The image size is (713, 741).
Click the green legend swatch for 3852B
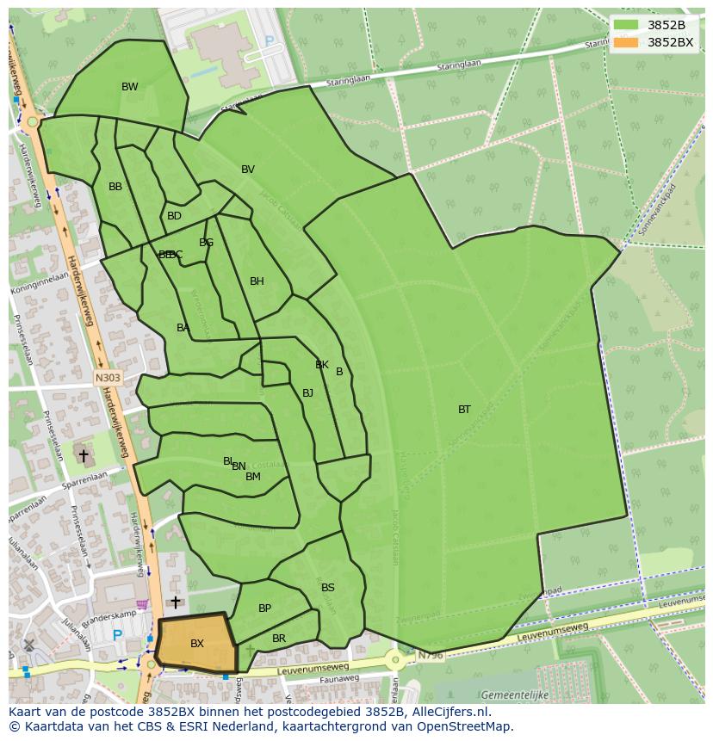625,25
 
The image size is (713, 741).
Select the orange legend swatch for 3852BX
625,42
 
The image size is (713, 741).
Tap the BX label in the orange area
197,644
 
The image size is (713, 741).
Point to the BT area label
464,410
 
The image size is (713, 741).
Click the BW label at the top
129,87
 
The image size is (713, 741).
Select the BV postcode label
248,170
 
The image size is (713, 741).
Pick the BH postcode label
257,281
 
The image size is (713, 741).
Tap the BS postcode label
328,588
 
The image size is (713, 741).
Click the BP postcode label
264,608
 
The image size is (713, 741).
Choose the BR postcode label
279,639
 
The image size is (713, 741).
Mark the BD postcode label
174,216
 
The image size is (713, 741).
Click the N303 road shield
108,377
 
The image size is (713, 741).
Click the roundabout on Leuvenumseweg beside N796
395,660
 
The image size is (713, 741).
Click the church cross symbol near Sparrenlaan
84,454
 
